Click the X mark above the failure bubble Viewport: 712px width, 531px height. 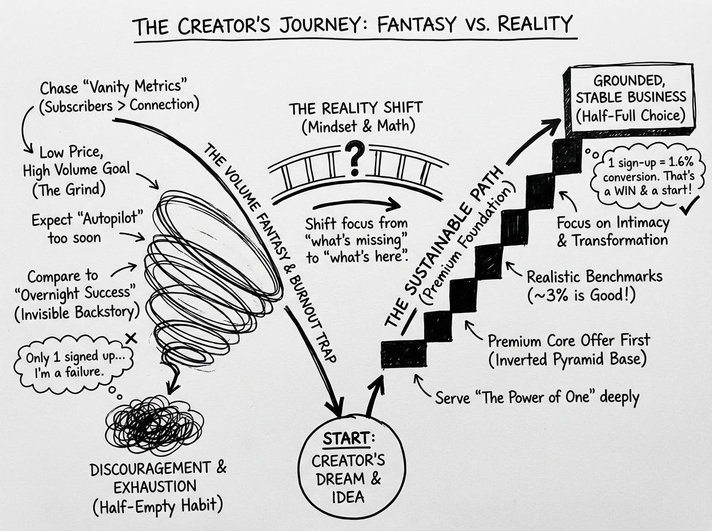[132, 338]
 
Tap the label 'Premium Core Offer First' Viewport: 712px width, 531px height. [568, 341]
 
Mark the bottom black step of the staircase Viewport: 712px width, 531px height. [403, 354]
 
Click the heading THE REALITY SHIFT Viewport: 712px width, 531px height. [355, 108]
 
